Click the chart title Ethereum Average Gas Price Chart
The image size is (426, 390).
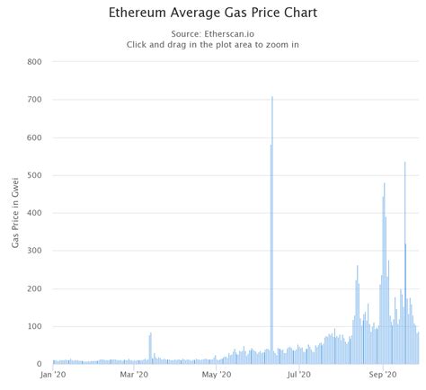tap(213, 14)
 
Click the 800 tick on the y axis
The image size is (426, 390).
tap(35, 62)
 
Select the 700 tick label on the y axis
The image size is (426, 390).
tap(35, 100)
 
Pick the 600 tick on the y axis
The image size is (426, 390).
tap(35, 137)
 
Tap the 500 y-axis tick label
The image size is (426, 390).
tap(35, 175)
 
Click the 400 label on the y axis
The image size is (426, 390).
tap(35, 213)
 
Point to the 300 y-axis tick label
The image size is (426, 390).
tap(35, 251)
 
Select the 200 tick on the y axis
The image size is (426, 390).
tap(35, 288)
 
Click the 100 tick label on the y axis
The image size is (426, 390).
tap(35, 326)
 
